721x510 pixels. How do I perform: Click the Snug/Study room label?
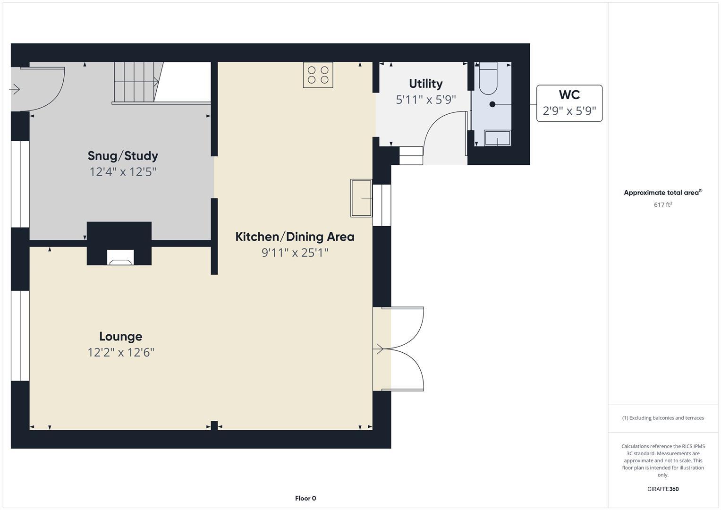pos(123,156)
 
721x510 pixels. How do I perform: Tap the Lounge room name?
pos(120,336)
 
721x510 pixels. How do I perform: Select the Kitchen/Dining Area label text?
pos(295,237)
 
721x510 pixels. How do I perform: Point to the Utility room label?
pos(425,84)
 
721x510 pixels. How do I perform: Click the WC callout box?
pos(569,103)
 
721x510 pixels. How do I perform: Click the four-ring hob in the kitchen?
pos(318,75)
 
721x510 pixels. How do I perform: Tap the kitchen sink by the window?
pos(361,198)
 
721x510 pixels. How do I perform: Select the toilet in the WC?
pos(488,79)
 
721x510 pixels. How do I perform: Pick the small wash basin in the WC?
pos(497,138)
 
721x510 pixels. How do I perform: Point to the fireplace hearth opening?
pos(120,258)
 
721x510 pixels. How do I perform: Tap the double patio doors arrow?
pos(379,349)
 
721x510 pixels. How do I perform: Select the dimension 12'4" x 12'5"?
pos(123,171)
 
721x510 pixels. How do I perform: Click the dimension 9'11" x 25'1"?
pos(295,253)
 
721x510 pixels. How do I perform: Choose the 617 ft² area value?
pos(663,204)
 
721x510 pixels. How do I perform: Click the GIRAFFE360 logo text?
pos(663,489)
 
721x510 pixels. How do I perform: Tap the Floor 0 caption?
pos(305,498)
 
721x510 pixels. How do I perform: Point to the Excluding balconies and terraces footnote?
pos(663,418)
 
